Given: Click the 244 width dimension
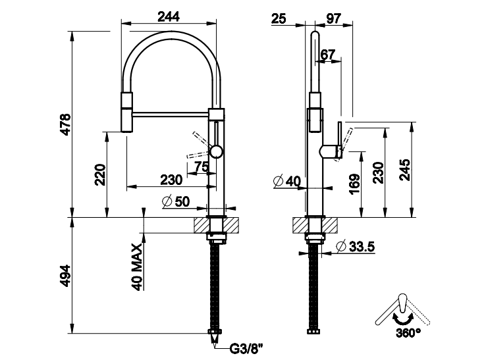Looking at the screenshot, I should [170, 18].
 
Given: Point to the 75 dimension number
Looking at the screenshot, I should [202, 167].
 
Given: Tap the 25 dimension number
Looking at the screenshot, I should [279, 18].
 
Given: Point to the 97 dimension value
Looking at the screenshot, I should [333, 18].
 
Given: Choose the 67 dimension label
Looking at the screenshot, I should [329, 53].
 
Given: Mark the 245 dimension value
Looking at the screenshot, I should [404, 170].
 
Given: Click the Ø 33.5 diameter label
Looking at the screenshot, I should [355, 247].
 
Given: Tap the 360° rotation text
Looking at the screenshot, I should [409, 333].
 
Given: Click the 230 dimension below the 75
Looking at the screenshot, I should [172, 180].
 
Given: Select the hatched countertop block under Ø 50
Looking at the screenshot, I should [218, 224].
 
